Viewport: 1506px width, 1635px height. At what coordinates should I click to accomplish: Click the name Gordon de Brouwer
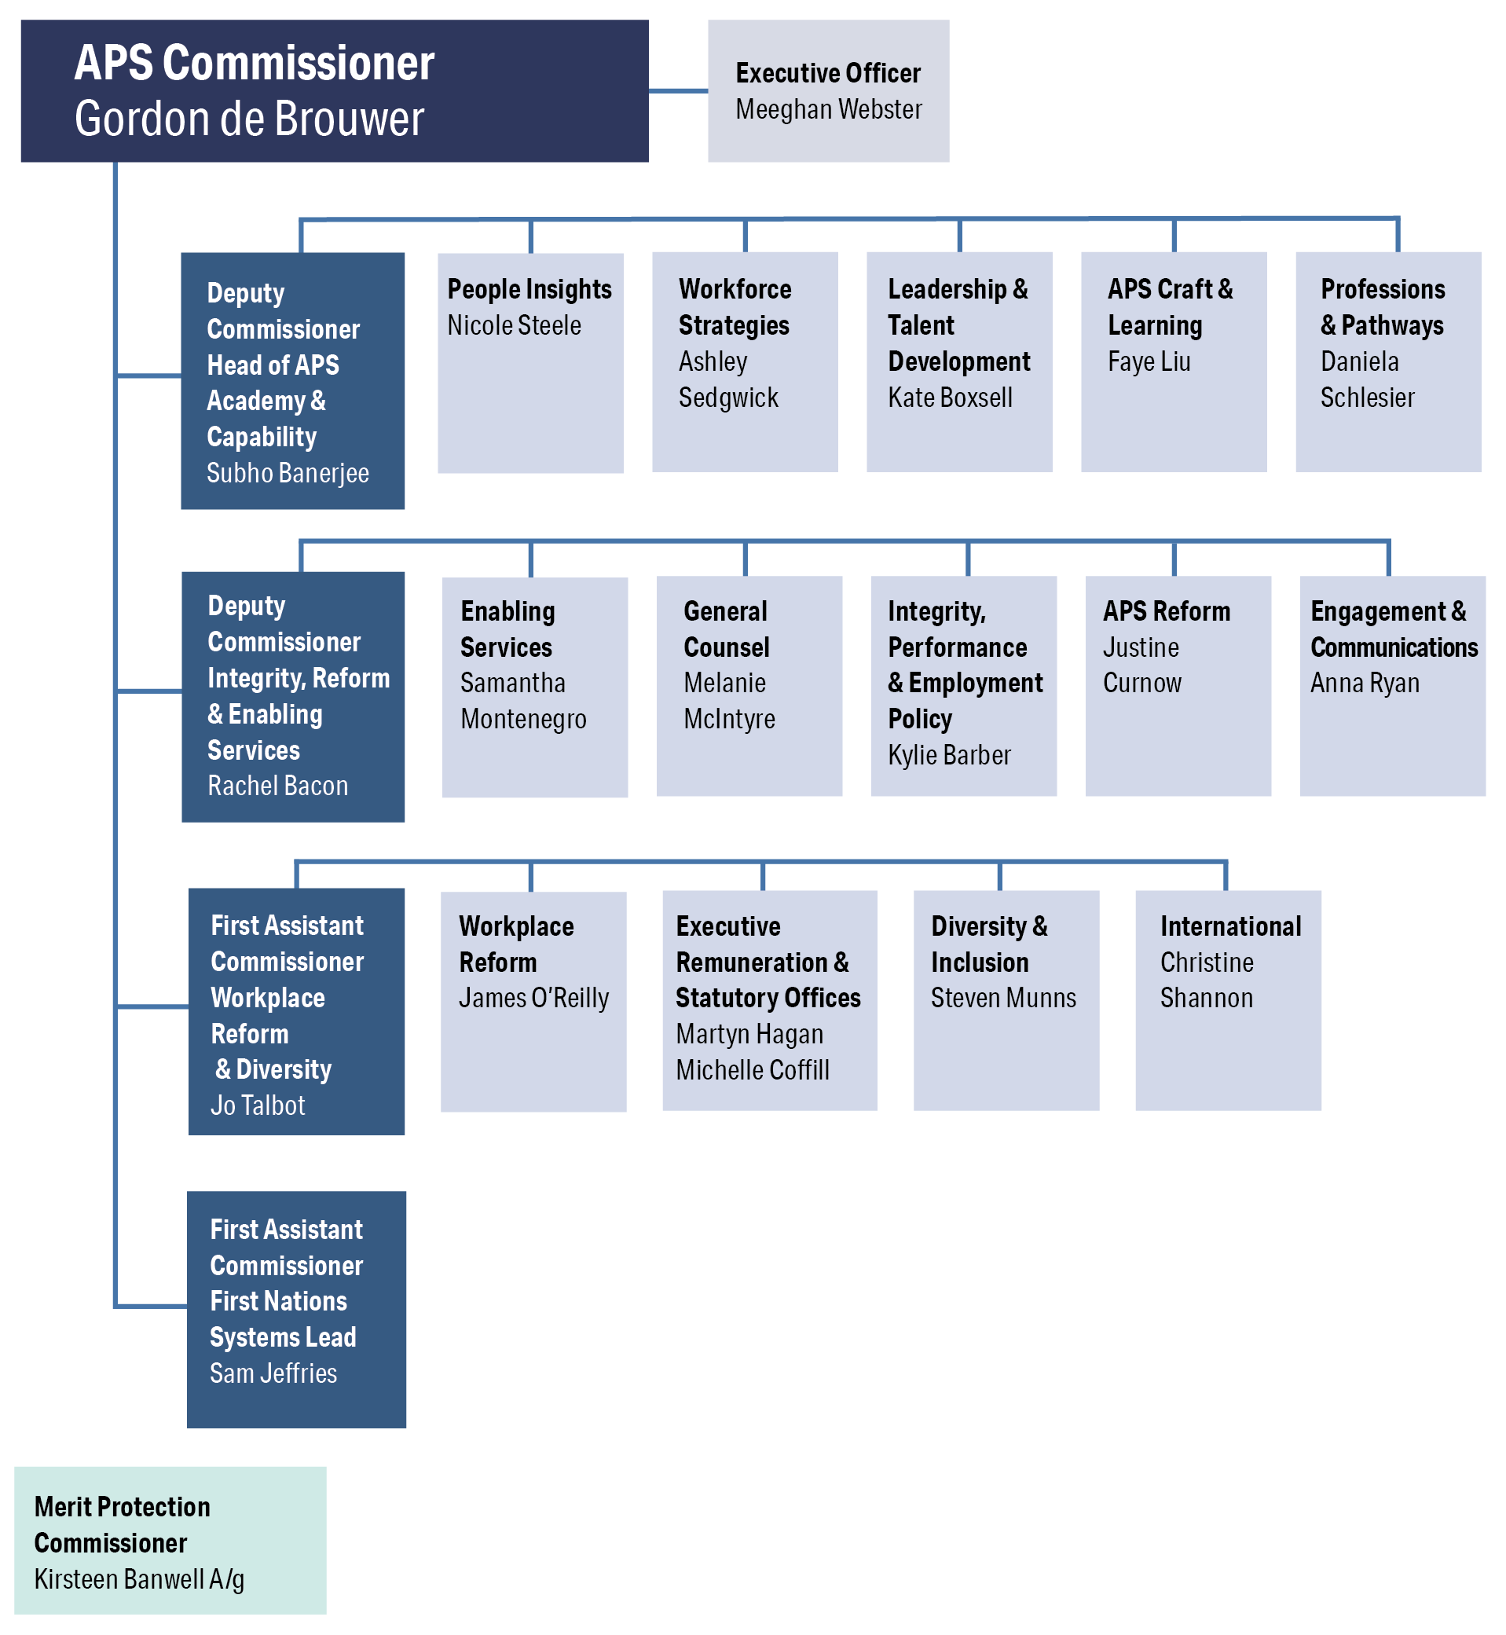249,119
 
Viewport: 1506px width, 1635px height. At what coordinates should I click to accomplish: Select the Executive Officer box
828,91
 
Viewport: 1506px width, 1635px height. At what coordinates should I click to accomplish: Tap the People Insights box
530,363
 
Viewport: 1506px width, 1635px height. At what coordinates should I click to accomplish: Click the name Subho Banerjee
288,473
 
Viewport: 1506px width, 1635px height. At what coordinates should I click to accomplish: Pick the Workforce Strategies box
745,362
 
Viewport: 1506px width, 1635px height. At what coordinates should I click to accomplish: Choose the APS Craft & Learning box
1174,362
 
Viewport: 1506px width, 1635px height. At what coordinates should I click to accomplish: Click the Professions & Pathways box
1389,362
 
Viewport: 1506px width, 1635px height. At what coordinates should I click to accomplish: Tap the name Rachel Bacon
278,786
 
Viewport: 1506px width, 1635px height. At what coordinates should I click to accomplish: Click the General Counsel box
749,686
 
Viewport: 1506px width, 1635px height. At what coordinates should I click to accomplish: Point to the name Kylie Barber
949,756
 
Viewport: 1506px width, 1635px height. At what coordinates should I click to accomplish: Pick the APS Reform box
1178,686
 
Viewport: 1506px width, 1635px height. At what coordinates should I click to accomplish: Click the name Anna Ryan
1365,683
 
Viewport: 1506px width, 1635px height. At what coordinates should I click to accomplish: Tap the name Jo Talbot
258,1105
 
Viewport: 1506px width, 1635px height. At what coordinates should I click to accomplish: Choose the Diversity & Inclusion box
1006,1000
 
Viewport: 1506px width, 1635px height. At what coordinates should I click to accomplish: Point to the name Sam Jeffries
273,1373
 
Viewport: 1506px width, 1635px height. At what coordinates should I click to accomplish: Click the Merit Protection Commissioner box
170,1541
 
